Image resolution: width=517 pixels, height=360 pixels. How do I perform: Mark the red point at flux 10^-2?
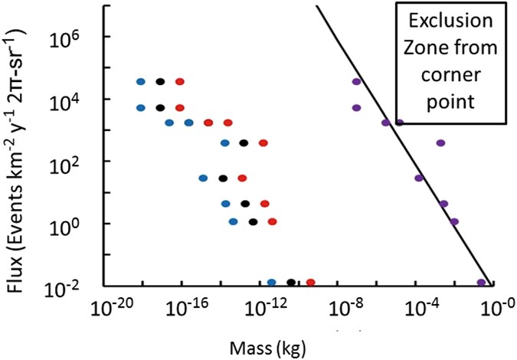tap(310, 283)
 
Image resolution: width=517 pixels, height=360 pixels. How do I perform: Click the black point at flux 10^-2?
tap(291, 283)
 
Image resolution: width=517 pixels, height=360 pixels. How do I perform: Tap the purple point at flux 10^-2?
tap(481, 283)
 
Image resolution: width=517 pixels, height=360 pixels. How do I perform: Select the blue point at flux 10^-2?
tap(272, 283)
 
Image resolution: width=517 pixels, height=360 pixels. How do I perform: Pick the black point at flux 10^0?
tap(253, 222)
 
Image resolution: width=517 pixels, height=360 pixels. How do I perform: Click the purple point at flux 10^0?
tap(454, 222)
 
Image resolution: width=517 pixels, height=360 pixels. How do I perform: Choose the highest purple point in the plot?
tap(356, 81)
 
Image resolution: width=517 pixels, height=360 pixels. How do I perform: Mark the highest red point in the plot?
tap(180, 81)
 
